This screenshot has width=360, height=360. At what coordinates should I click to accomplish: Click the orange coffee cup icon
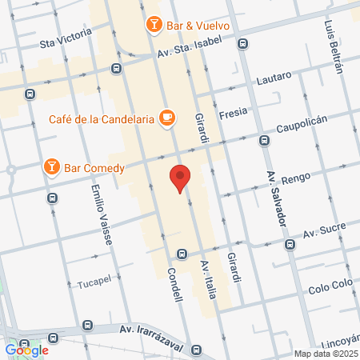click(166, 118)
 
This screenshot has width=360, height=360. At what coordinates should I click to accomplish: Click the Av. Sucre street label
click(325, 234)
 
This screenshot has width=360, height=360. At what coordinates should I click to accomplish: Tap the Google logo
click(26, 350)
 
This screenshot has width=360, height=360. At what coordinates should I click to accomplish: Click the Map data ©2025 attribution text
click(326, 354)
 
